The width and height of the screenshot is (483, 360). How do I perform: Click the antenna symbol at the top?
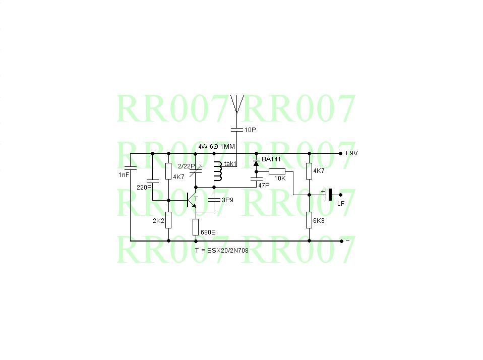[236, 103]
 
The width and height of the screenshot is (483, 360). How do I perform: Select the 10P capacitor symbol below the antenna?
[236, 130]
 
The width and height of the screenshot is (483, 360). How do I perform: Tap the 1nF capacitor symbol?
[130, 167]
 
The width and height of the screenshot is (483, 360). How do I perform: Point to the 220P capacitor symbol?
[152, 179]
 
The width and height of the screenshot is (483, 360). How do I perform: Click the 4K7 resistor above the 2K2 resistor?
[168, 171]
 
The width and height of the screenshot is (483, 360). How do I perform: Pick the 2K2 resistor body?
[168, 220]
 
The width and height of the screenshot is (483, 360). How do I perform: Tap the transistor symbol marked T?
[192, 200]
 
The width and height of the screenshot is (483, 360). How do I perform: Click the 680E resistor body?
[196, 227]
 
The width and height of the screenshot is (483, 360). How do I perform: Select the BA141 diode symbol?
[256, 163]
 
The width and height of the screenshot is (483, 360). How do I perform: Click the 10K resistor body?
[277, 171]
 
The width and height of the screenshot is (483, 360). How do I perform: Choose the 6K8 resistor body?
[309, 220]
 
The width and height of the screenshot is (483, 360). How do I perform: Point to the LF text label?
[340, 203]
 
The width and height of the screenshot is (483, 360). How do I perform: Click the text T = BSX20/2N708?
[221, 250]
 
